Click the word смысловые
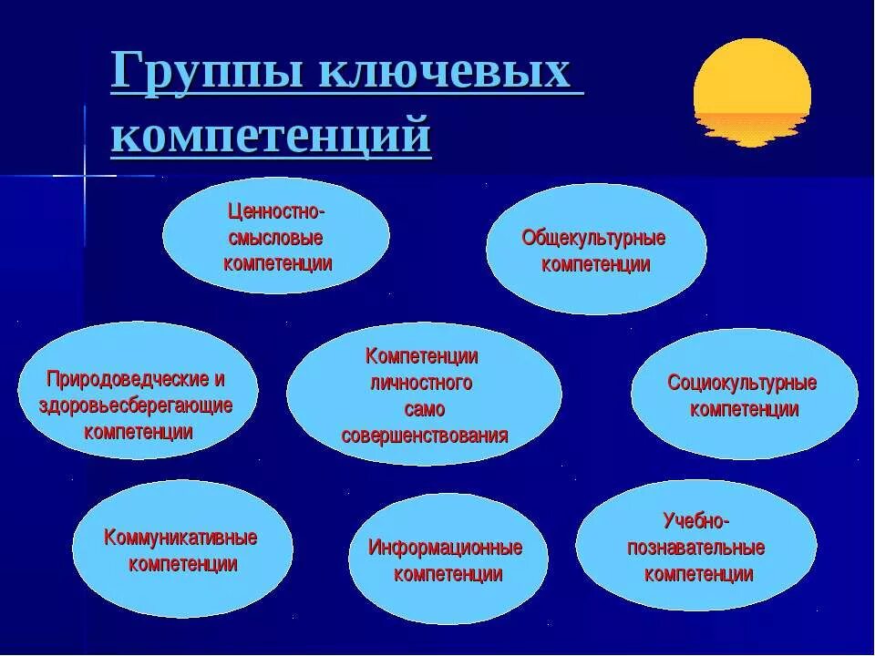274,238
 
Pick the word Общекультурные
593,239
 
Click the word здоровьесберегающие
136,405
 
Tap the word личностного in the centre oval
421,383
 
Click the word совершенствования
425,435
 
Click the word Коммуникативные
180,538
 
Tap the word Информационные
445,548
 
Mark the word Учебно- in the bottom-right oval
695,521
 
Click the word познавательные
695,548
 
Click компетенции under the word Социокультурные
744,409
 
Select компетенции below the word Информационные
448,574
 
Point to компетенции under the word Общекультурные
595,265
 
